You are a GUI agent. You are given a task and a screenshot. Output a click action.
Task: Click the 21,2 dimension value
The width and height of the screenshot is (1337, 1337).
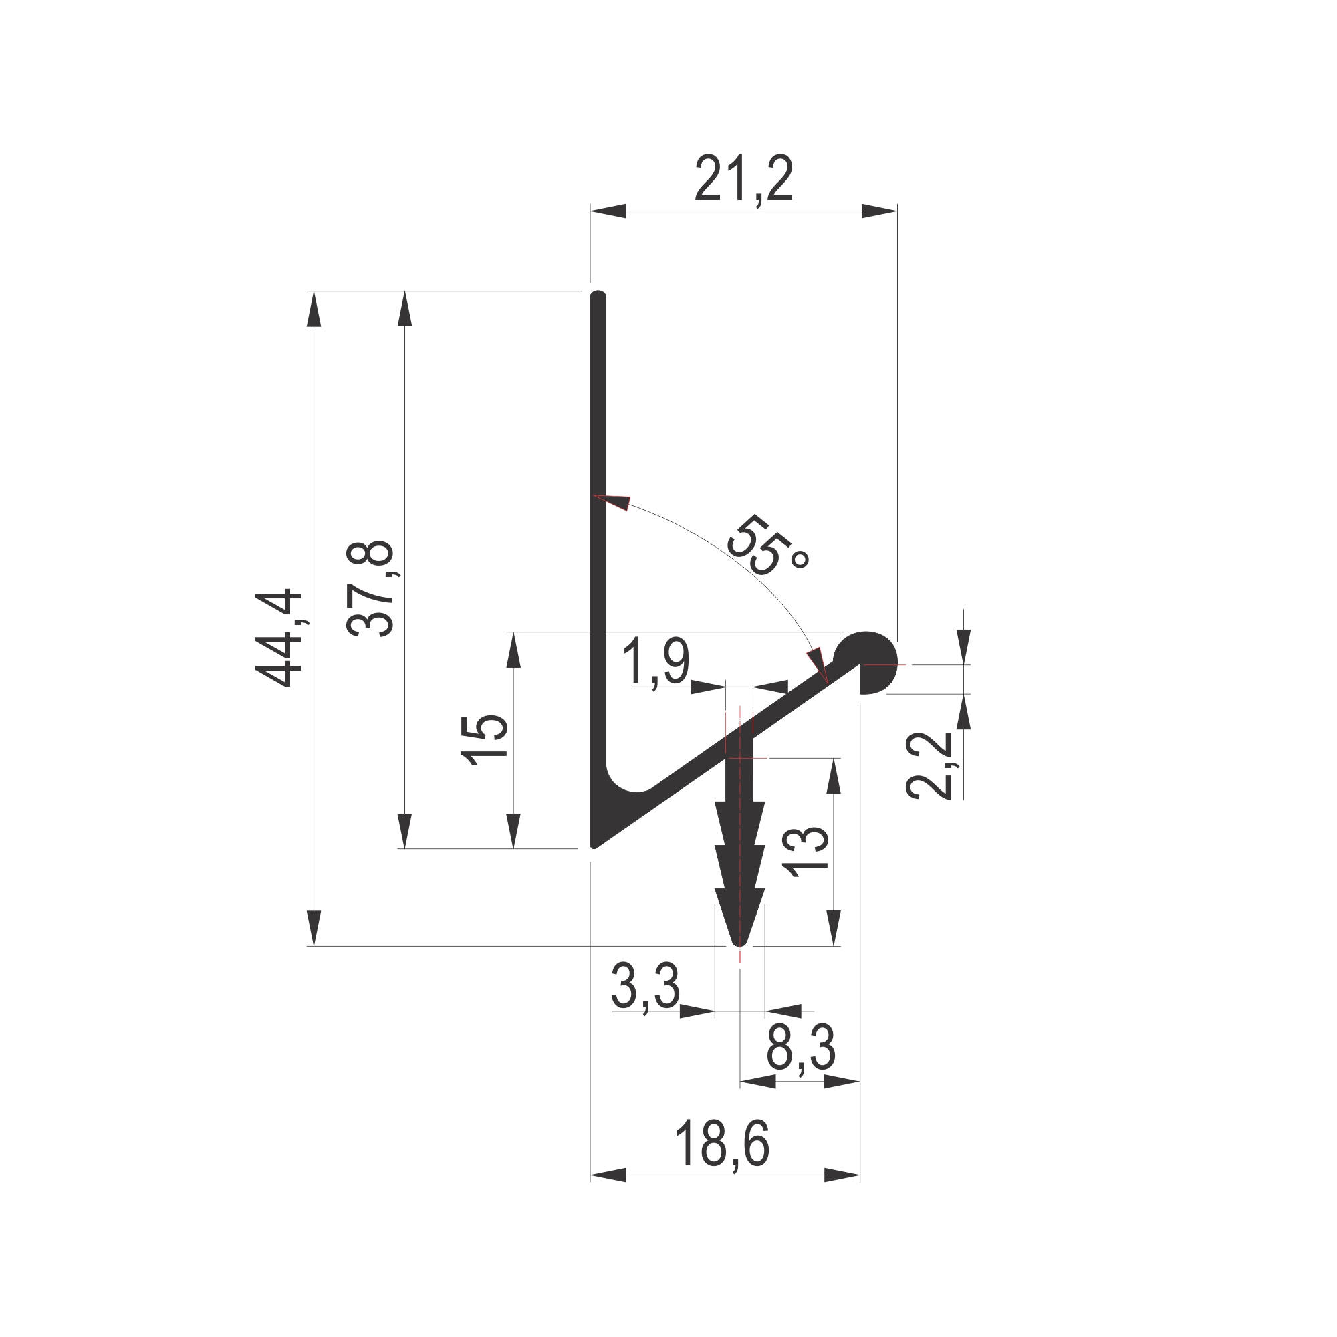click(x=744, y=178)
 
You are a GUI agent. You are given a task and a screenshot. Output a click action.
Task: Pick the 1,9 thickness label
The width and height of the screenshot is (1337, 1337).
click(x=656, y=663)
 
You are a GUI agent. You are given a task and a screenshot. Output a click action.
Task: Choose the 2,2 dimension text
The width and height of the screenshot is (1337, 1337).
click(x=929, y=765)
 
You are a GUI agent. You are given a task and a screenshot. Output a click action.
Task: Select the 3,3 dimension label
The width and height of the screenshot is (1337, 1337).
click(x=646, y=987)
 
